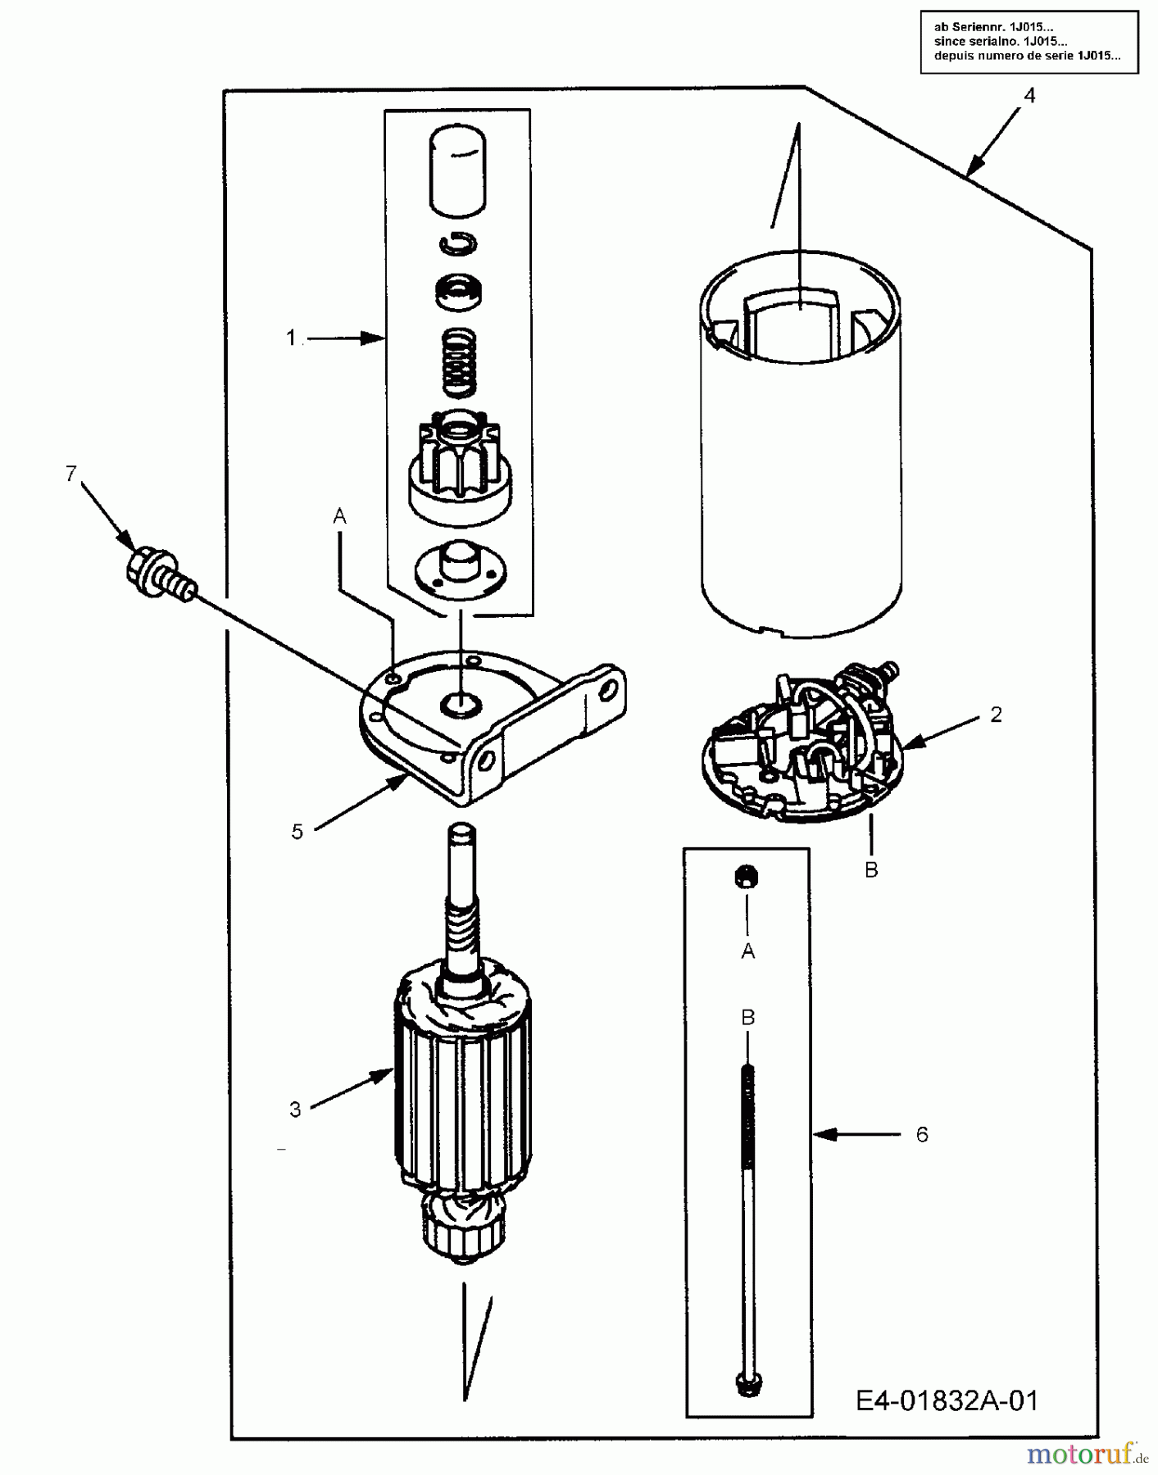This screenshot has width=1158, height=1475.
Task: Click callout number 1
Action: (291, 337)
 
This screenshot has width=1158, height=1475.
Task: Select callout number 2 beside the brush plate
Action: (996, 715)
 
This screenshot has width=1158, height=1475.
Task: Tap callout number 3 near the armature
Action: (295, 1110)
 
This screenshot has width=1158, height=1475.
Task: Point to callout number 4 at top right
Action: (1029, 96)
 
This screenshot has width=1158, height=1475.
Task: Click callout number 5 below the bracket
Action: (297, 832)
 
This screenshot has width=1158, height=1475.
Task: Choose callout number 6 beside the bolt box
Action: (922, 1134)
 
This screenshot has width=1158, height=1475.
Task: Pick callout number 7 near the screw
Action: (71, 473)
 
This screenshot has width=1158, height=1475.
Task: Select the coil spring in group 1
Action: (459, 360)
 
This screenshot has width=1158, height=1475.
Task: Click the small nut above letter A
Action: (747, 876)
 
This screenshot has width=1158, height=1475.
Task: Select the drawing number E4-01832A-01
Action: (947, 1401)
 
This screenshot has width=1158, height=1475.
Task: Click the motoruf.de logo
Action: (1087, 1455)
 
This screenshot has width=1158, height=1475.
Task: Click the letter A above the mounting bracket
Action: (339, 516)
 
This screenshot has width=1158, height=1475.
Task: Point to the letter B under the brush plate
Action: (871, 869)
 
